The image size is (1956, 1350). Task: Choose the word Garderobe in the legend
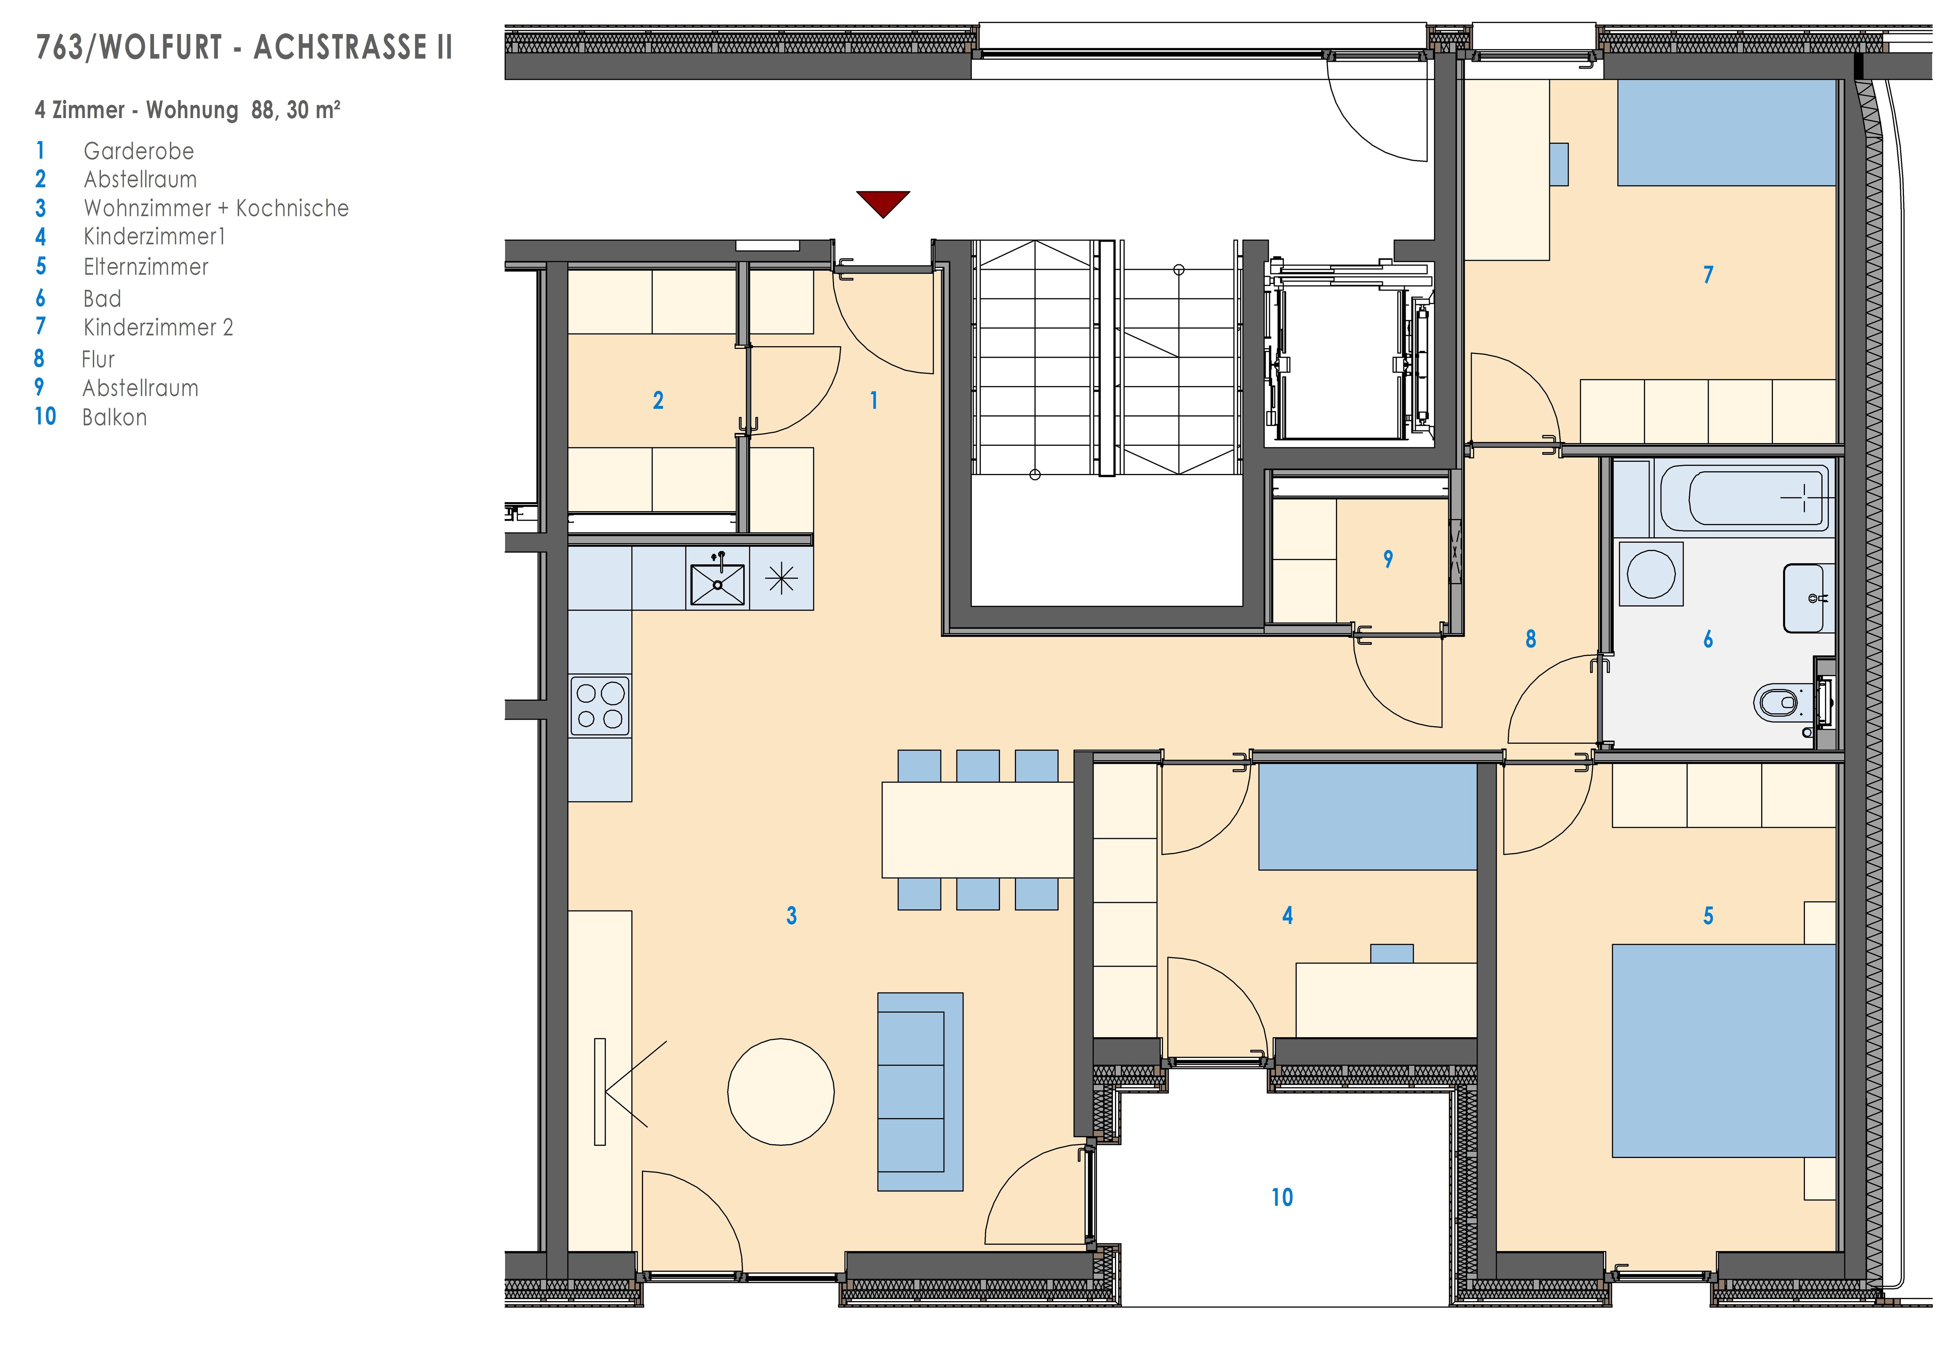click(139, 151)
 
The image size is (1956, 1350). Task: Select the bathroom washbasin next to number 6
click(1809, 598)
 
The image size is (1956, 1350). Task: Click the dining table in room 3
click(977, 830)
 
